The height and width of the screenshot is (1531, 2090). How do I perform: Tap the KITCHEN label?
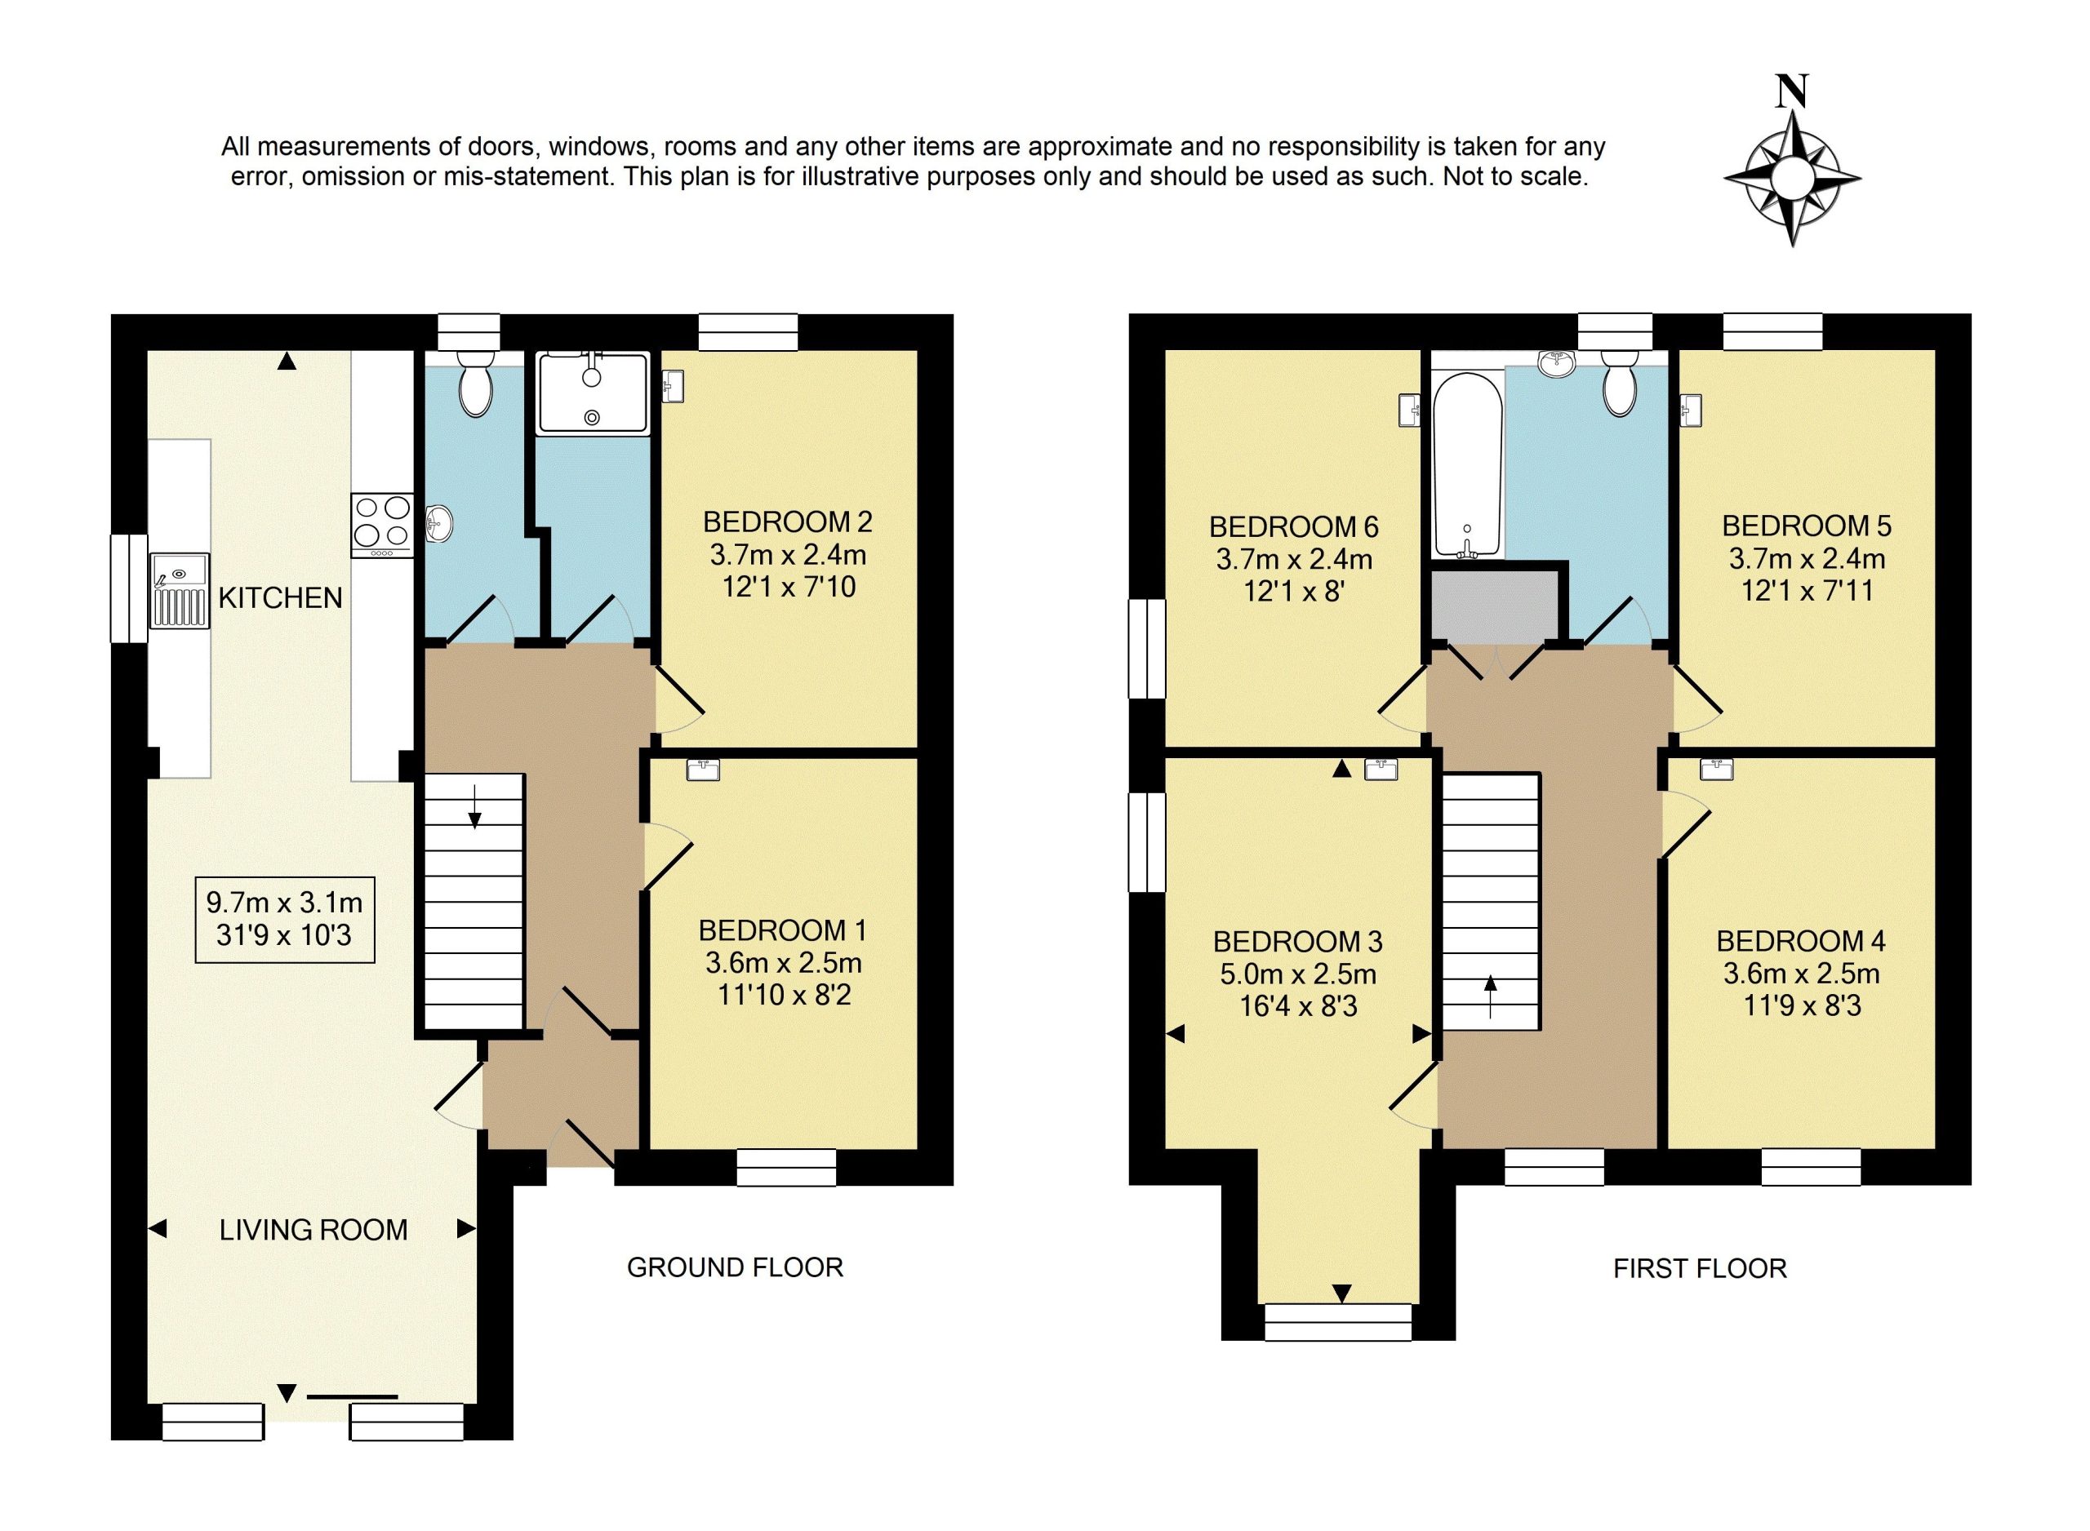[280, 597]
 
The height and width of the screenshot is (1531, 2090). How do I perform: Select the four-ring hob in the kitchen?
[383, 525]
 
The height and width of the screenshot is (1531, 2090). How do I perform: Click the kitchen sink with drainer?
[180, 590]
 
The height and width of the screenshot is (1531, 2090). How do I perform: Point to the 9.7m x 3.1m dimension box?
[285, 918]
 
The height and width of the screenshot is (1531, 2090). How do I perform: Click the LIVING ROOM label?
[313, 1230]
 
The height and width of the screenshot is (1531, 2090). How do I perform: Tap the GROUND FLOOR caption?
[735, 1267]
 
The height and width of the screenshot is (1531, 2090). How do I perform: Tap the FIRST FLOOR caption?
[1700, 1267]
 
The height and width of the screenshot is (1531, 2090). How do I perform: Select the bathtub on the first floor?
[1467, 465]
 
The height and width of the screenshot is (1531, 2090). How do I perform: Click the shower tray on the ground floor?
[592, 393]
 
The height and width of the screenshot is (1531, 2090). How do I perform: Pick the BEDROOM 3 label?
[1297, 942]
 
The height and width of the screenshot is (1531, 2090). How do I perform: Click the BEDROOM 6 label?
[1294, 526]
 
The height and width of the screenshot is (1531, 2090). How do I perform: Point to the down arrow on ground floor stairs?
[474, 806]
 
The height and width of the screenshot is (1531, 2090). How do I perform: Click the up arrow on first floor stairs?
[1490, 996]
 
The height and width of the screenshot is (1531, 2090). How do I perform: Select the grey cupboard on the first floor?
[1494, 606]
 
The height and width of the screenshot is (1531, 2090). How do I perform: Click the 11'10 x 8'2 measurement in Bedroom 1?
[784, 994]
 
